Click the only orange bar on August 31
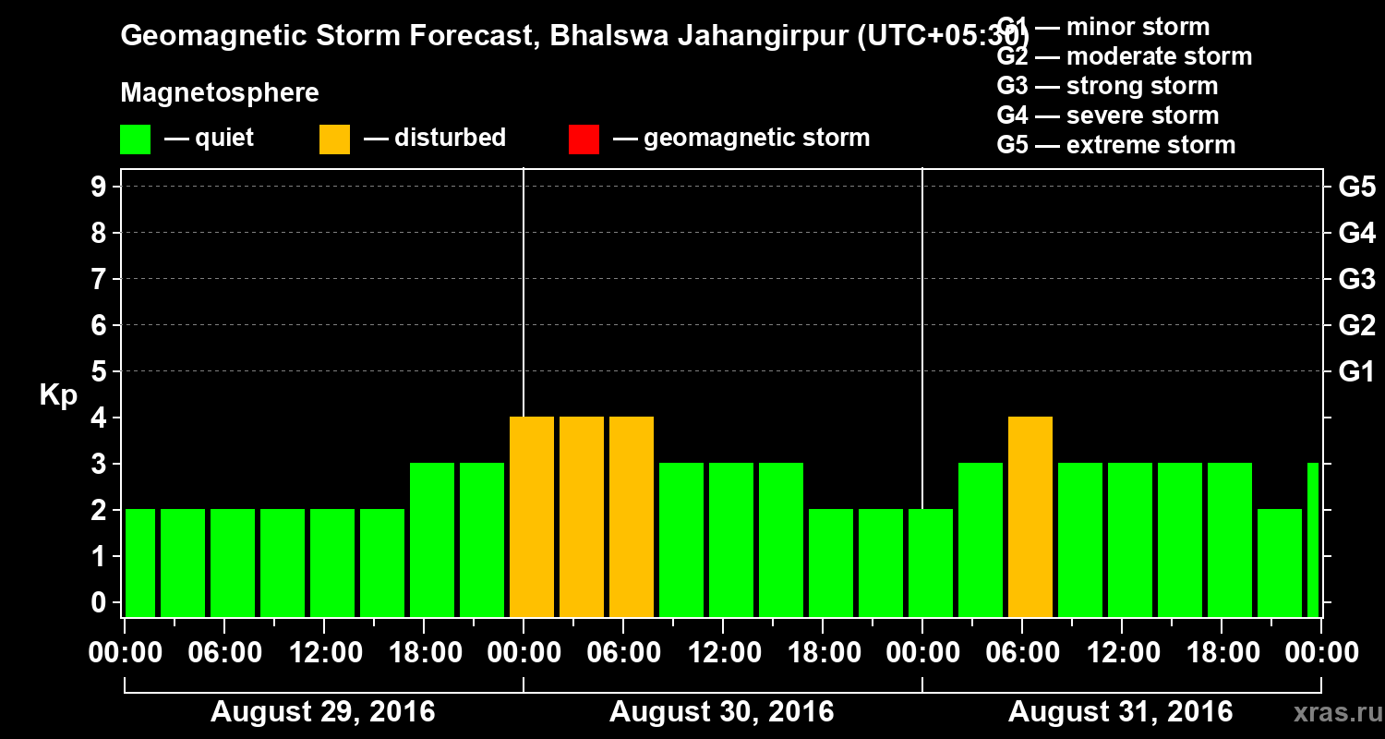[x=1030, y=516]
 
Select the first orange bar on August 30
[x=532, y=516]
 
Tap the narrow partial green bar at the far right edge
[x=1313, y=539]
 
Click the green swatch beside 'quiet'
[x=136, y=139]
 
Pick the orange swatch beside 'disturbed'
[x=334, y=139]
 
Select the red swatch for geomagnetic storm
[x=584, y=139]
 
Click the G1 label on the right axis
[x=1356, y=371]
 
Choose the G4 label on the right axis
[x=1356, y=233]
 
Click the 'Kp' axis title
[x=58, y=395]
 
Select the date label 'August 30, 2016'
[x=721, y=712]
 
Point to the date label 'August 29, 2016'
[x=322, y=712]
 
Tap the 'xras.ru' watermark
[x=1331, y=712]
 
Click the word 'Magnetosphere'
[x=220, y=93]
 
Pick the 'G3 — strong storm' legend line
[x=1107, y=86]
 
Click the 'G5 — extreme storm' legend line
[x=1115, y=145]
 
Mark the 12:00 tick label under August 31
[x=1120, y=652]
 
